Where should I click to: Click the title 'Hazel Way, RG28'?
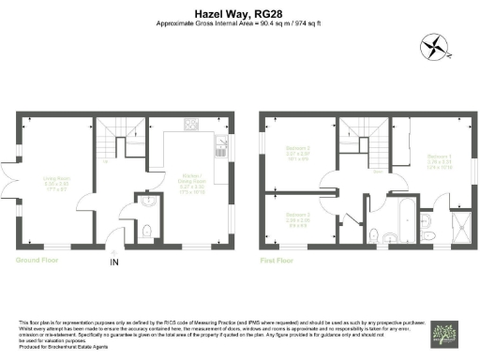240,13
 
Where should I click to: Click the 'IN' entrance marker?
116,262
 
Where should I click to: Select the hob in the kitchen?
191,124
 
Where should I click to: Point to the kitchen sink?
221,144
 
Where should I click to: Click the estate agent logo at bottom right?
443,334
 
